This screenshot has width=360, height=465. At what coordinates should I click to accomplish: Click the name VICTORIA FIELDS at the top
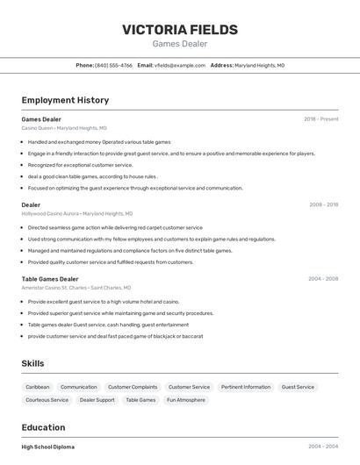180,29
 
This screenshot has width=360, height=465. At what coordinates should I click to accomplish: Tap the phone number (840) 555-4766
113,65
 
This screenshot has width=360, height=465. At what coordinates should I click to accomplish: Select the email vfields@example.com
179,65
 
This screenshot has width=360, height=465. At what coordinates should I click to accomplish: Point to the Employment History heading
65,100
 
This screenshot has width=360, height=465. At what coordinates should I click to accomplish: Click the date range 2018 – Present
320,118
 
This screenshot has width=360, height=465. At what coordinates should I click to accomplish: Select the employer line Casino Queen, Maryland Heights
64,127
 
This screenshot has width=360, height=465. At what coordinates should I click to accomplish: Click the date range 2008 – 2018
323,204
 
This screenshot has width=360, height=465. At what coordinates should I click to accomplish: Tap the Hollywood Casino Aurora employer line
77,213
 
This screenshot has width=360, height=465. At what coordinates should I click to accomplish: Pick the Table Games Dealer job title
50,279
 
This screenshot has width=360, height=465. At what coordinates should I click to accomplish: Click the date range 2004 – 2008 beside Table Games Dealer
323,279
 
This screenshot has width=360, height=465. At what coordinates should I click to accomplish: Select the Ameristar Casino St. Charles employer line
76,288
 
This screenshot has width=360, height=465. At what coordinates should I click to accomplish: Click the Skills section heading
32,363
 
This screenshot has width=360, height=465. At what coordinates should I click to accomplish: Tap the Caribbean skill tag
38,387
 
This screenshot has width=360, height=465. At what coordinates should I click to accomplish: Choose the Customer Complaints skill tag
133,387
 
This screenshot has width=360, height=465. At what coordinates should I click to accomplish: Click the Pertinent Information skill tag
246,387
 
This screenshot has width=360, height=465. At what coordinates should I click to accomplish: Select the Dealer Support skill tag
97,400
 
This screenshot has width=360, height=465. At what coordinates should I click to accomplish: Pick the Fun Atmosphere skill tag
185,400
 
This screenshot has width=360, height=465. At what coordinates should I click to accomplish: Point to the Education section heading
45,427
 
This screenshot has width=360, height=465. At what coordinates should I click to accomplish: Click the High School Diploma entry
48,447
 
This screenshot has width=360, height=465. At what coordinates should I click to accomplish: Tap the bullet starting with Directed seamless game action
114,227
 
